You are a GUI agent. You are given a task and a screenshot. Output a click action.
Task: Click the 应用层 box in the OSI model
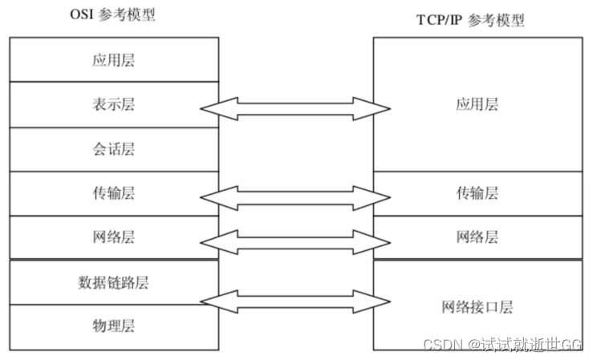113,59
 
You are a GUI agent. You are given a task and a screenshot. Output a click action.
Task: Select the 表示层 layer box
113,104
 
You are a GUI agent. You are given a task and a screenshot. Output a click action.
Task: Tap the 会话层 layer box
113,149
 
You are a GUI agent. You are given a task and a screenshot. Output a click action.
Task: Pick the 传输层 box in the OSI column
113,193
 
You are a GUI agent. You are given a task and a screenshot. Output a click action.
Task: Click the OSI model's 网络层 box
113,237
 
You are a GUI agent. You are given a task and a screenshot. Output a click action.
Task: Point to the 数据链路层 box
113,282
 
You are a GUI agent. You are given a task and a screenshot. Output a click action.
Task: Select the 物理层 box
113,326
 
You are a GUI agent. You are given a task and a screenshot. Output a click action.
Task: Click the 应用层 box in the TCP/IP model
478,104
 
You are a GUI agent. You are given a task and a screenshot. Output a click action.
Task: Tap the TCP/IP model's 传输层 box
478,193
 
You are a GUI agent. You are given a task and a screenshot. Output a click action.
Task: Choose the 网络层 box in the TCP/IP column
478,237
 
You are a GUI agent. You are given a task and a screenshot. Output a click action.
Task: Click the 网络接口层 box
478,305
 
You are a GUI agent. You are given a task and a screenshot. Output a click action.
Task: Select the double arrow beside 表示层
294,108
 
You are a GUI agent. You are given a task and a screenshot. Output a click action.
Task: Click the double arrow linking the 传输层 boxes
294,197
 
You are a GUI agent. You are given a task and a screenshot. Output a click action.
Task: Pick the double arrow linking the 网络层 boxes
294,241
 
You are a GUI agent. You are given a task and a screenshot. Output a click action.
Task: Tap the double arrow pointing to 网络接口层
294,301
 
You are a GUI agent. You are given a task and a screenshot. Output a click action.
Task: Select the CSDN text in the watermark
438,344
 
